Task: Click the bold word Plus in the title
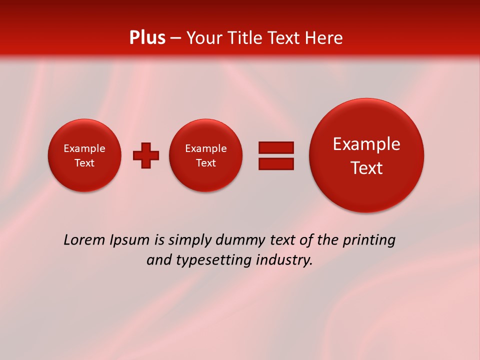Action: [x=147, y=38]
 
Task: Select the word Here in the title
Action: [x=325, y=38]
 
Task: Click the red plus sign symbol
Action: [x=146, y=155]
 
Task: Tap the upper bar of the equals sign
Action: [x=275, y=147]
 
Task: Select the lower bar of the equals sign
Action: [x=275, y=164]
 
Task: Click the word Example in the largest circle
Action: [x=366, y=144]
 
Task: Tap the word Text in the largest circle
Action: [x=366, y=168]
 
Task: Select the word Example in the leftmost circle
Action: [x=84, y=148]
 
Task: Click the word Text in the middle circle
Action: [x=205, y=163]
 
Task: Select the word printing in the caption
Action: [x=368, y=240]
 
